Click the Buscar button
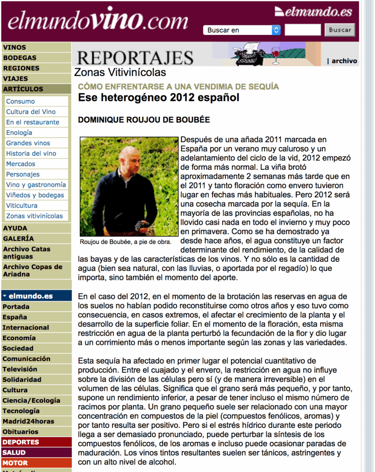click(340, 30)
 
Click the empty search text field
click(303, 30)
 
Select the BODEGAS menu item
click(20, 58)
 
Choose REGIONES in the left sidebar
click(21, 68)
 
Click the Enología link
click(19, 133)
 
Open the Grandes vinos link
click(28, 143)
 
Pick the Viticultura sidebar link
click(22, 206)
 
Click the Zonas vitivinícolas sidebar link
click(34, 216)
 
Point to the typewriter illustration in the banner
click(250, 54)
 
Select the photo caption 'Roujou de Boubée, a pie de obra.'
click(125, 242)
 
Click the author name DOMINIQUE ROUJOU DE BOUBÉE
click(144, 120)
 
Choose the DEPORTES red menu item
click(21, 442)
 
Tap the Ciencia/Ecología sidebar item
click(31, 401)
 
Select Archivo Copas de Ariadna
click(32, 271)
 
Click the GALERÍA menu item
click(18, 239)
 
